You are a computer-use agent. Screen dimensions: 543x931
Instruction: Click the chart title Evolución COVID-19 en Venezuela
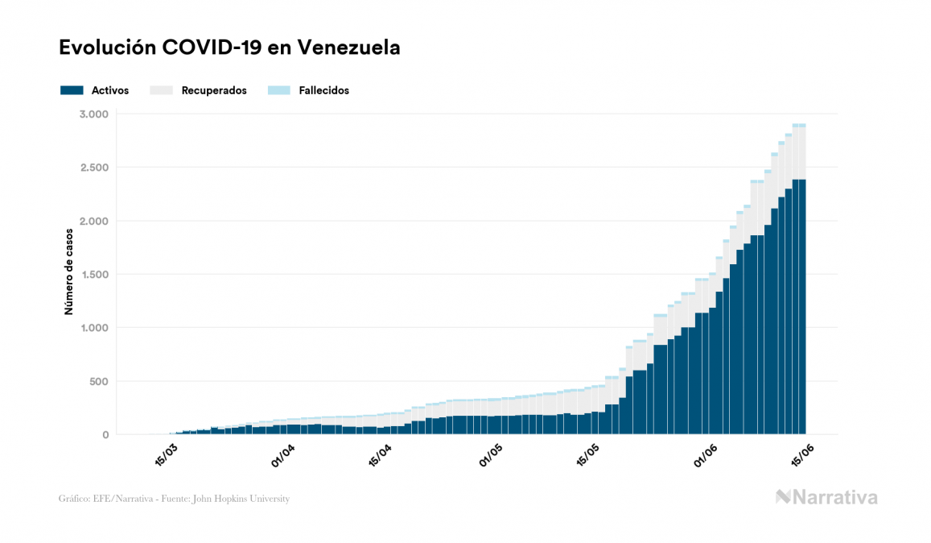pyautogui.click(x=229, y=48)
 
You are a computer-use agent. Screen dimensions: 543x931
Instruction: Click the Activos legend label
pyautogui.click(x=110, y=91)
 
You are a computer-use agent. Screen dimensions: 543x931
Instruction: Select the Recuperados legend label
pyautogui.click(x=214, y=91)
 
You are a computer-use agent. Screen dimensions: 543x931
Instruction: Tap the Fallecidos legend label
pyautogui.click(x=323, y=91)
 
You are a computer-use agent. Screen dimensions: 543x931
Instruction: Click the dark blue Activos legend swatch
pyautogui.click(x=72, y=91)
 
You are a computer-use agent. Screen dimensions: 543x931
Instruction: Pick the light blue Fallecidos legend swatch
pyautogui.click(x=278, y=91)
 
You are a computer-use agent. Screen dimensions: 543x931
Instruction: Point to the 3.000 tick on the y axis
pyautogui.click(x=93, y=114)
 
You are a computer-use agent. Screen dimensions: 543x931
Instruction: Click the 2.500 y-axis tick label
pyautogui.click(x=93, y=168)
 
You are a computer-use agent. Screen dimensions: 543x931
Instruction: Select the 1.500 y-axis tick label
pyautogui.click(x=93, y=275)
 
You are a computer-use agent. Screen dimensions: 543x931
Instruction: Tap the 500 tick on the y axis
pyautogui.click(x=98, y=381)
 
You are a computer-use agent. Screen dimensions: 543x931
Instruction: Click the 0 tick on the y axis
pyautogui.click(x=105, y=435)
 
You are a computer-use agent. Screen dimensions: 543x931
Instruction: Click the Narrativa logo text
pyautogui.click(x=834, y=497)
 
